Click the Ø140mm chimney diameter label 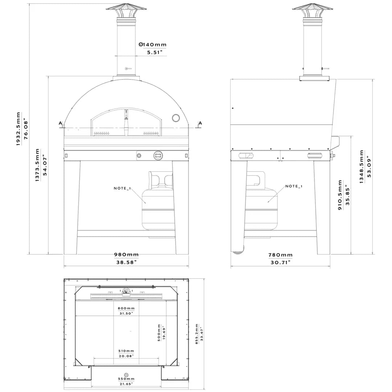click(152, 45)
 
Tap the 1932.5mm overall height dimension click(19, 129)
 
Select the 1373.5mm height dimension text click(38, 165)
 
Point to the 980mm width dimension click(126, 255)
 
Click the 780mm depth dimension click(280, 255)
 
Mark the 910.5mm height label click(340, 195)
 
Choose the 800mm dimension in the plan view click(126, 308)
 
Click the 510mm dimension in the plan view click(126, 351)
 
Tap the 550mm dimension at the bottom click(126, 379)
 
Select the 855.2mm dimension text click(197, 334)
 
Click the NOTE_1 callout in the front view click(122, 188)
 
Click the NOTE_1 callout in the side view click(294, 186)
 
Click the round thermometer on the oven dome click(176, 118)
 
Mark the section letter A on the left click(60, 123)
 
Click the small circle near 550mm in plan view click(126, 375)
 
